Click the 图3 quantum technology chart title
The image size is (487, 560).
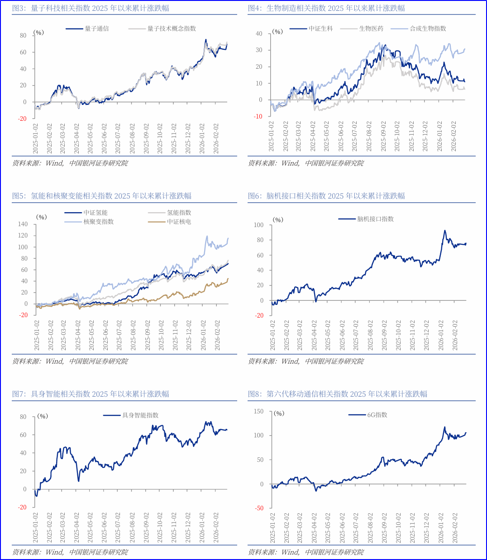tap(91, 8)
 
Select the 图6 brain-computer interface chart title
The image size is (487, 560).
tap(326, 196)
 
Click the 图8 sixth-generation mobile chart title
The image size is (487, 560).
tap(338, 394)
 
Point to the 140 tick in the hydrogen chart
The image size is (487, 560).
tap(23, 224)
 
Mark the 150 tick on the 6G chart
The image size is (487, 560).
tap(258, 411)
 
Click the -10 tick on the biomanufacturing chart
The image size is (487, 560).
tap(258, 117)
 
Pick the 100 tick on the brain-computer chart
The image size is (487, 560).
tap(258, 225)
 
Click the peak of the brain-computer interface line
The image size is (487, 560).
tap(445, 230)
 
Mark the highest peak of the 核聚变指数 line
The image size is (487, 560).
tap(207, 236)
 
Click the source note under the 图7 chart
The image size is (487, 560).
tap(70, 552)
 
